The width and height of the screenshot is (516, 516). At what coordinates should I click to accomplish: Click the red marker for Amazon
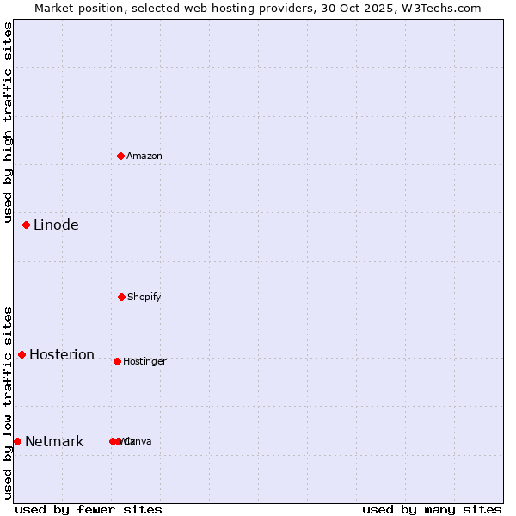click(121, 156)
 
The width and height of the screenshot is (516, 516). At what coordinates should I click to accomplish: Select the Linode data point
click(27, 225)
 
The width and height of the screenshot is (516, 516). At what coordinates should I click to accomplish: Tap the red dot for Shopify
click(122, 297)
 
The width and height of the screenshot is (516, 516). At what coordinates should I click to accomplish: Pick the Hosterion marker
click(22, 354)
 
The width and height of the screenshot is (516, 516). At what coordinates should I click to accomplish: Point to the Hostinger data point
click(118, 361)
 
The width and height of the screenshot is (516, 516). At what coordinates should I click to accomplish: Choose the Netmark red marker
click(17, 441)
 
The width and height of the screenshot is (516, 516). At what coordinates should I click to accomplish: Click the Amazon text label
click(144, 156)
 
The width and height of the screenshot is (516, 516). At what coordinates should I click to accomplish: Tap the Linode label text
click(56, 225)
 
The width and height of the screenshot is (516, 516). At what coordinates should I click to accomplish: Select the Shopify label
click(144, 297)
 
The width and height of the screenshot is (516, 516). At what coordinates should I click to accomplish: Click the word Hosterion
click(62, 354)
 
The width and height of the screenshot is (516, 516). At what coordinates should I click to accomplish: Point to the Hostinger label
click(144, 361)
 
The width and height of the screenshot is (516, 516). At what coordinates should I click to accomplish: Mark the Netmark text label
click(54, 441)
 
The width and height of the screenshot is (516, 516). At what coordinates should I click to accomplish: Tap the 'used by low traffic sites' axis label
click(8, 402)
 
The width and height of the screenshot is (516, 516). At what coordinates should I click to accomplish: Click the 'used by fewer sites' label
click(89, 509)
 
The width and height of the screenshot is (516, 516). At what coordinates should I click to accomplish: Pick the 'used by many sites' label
click(432, 509)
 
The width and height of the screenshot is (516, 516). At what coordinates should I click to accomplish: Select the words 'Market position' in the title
click(75, 8)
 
